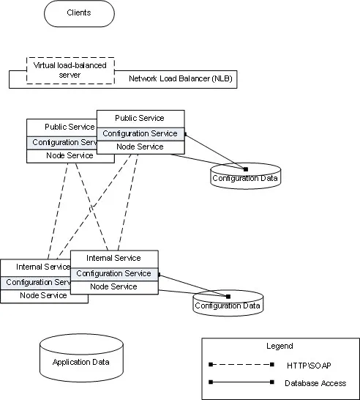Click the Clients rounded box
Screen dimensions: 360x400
(x=79, y=13)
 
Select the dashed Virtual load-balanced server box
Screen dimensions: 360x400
(x=70, y=70)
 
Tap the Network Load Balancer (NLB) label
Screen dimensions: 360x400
(x=181, y=78)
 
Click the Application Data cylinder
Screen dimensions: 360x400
(x=81, y=358)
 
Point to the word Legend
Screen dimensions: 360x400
(x=280, y=346)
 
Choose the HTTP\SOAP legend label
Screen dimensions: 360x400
(x=309, y=366)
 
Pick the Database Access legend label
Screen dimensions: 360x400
(x=315, y=383)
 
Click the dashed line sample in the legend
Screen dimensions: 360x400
(x=241, y=365)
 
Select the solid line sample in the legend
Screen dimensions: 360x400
(x=241, y=382)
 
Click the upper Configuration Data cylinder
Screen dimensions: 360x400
(x=246, y=176)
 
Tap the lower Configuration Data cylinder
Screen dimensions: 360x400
(x=228, y=303)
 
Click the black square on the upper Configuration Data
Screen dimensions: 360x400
(x=246, y=169)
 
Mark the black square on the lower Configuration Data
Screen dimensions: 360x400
(x=228, y=297)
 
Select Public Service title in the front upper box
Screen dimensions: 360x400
(x=139, y=118)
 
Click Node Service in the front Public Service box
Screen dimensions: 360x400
(x=140, y=147)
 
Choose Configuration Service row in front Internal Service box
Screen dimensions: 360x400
(x=114, y=274)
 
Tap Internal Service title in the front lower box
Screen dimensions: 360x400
(x=113, y=258)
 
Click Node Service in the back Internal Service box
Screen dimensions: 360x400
(x=43, y=295)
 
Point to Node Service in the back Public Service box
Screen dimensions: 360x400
(x=70, y=155)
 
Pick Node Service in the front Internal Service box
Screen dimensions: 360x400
(x=113, y=286)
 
